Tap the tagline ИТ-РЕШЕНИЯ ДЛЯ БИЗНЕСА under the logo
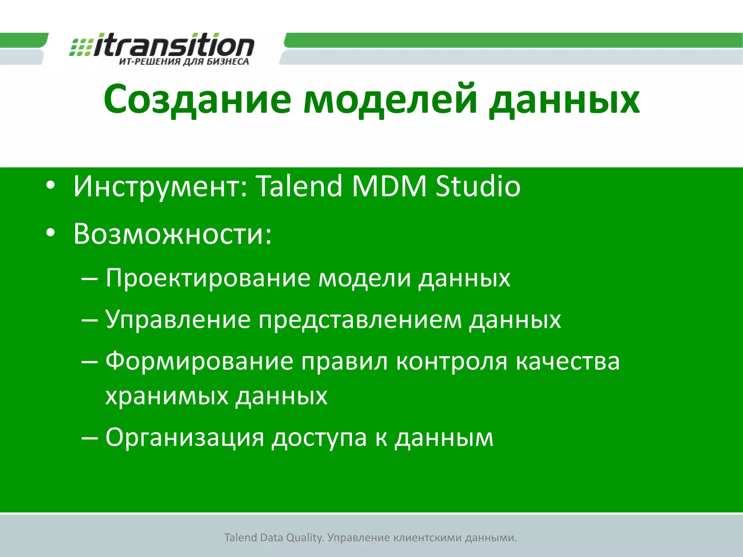pos(184,62)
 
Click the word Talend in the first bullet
pos(299,186)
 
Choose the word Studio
pos(478,186)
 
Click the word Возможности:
pos(172,234)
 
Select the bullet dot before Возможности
pos(50,233)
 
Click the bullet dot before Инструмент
pos(50,185)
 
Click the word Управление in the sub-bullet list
pos(178,320)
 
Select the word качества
pos(568,361)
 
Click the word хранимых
pos(167,396)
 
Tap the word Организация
pos(185,437)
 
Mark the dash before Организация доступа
pos(90,438)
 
